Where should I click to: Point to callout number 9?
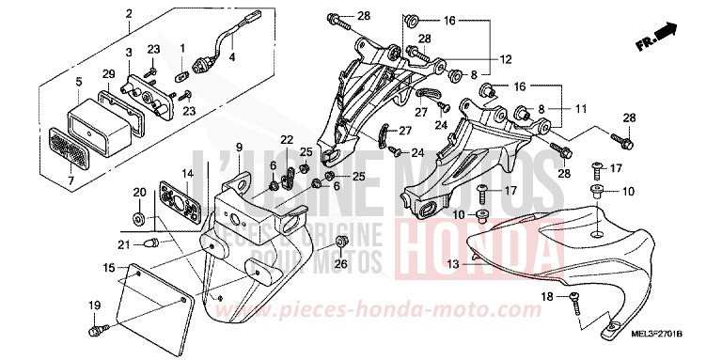click(x=239, y=148)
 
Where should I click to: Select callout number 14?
click(x=188, y=174)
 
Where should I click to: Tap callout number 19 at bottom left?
click(x=94, y=305)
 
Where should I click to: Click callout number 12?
click(x=506, y=59)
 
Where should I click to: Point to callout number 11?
click(x=580, y=109)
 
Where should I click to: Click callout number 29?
click(x=109, y=74)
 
